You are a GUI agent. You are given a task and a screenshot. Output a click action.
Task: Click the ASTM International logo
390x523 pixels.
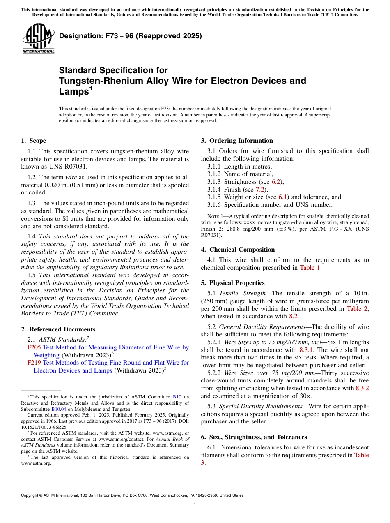click(x=38, y=39)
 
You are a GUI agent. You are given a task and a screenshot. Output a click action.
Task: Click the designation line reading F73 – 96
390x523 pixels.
click(x=130, y=36)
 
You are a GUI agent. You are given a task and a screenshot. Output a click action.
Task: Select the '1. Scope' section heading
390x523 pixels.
click(x=33, y=141)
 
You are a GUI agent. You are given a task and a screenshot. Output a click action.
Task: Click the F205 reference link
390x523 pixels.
click(x=34, y=347)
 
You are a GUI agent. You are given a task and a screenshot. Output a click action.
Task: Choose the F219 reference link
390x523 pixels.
click(x=34, y=363)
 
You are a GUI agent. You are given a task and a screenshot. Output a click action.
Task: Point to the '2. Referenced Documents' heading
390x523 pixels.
click(x=58, y=329)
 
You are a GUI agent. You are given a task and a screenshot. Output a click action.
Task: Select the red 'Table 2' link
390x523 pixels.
click(x=358, y=308)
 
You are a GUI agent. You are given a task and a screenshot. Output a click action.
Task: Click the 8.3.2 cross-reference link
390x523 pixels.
click(x=362, y=388)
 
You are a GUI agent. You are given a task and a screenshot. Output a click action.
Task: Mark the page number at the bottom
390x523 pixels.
click(x=195, y=505)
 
